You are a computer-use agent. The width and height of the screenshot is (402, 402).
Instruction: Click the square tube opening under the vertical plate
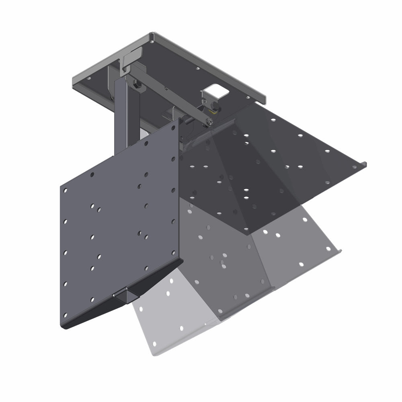pos(124,297)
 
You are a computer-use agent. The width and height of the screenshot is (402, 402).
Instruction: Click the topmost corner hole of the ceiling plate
pos(153,39)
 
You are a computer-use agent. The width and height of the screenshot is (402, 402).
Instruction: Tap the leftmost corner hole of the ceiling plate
pos(89,79)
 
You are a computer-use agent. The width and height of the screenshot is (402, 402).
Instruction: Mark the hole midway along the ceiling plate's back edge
pos(197,69)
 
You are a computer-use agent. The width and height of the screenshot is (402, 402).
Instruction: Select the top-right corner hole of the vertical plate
pos(173,127)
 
